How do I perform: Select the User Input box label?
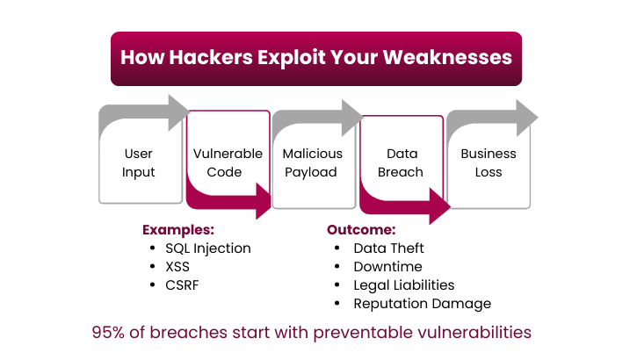(x=139, y=162)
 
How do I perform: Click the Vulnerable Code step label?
(x=228, y=162)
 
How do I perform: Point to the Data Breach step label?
(x=400, y=162)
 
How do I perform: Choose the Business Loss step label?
(x=489, y=162)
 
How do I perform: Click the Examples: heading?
(x=178, y=230)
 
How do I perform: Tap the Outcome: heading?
(x=361, y=230)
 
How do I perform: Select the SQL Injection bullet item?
(x=208, y=248)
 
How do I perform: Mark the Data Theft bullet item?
(x=389, y=248)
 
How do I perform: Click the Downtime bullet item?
(x=387, y=267)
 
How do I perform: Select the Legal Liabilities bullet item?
(x=404, y=285)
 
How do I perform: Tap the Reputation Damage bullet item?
(x=422, y=304)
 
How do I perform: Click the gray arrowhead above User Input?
(x=178, y=112)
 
